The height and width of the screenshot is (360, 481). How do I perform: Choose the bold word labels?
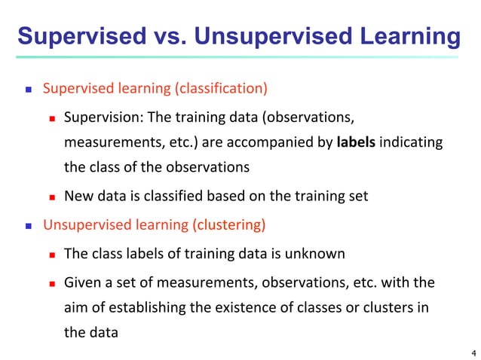click(x=356, y=142)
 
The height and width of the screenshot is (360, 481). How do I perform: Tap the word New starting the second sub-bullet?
click(x=78, y=197)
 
